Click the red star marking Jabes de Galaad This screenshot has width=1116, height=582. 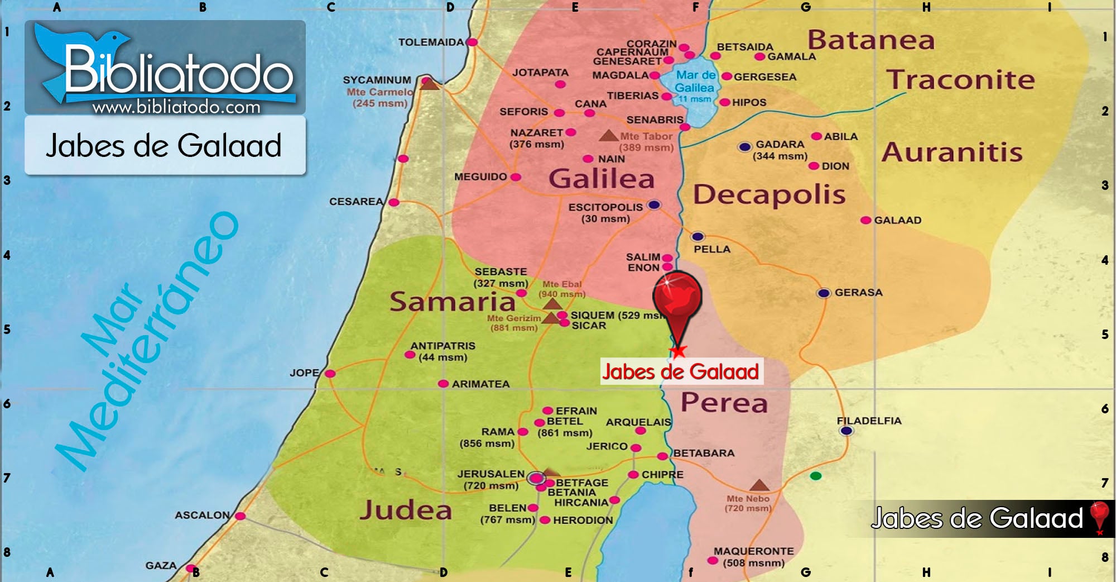[x=678, y=351]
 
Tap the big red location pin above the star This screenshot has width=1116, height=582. [x=677, y=299]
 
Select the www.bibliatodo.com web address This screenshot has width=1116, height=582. [x=176, y=107]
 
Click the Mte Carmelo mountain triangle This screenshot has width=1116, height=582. [x=429, y=84]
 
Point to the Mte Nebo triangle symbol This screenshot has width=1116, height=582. [x=759, y=484]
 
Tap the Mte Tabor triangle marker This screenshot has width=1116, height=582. [x=608, y=136]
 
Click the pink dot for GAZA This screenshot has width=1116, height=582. [x=190, y=569]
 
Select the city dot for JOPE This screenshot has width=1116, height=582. [x=330, y=373]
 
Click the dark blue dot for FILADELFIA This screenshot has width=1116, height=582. [x=846, y=431]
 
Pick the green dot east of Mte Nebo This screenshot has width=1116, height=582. [x=816, y=476]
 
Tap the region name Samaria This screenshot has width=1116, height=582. [x=452, y=302]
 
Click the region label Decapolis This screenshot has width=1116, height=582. [x=769, y=194]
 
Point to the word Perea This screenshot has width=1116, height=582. [x=724, y=403]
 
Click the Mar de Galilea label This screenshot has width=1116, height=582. [x=695, y=82]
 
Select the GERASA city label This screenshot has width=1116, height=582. [x=858, y=292]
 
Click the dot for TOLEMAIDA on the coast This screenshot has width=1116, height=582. [x=472, y=42]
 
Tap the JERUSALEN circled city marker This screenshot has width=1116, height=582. [x=536, y=478]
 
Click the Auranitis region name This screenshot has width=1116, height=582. [x=952, y=152]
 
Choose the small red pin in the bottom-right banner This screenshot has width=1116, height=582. [x=1099, y=516]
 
